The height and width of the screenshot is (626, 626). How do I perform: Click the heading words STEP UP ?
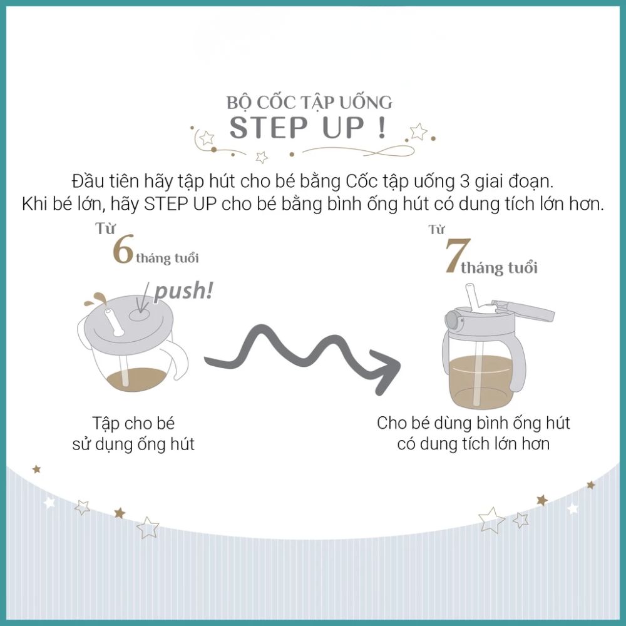point(308,128)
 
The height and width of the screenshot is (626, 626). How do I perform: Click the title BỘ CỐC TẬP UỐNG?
point(309,102)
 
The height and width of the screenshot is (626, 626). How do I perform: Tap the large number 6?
point(123,251)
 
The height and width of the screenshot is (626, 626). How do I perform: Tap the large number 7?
point(458,255)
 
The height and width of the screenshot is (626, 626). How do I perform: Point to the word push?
point(183,291)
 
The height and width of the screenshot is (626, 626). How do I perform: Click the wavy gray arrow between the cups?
point(302,356)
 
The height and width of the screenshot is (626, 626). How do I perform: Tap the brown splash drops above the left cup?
point(95,299)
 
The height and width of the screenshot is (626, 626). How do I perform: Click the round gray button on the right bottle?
point(453,321)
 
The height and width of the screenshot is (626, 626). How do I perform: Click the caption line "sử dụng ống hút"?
point(133,444)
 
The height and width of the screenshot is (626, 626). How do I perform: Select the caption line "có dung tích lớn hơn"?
point(473,444)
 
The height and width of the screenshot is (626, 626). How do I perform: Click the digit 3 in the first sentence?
point(464,182)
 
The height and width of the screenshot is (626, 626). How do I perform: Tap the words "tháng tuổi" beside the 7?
point(499,267)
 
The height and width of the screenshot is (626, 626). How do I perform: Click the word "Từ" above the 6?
point(105,228)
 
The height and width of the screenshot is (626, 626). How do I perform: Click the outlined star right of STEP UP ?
point(418,131)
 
